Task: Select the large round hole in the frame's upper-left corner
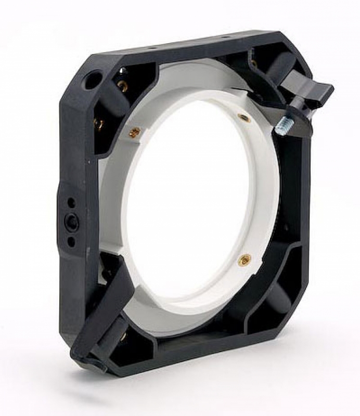[93, 80]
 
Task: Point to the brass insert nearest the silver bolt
[243, 118]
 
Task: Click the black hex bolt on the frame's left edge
[71, 222]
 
